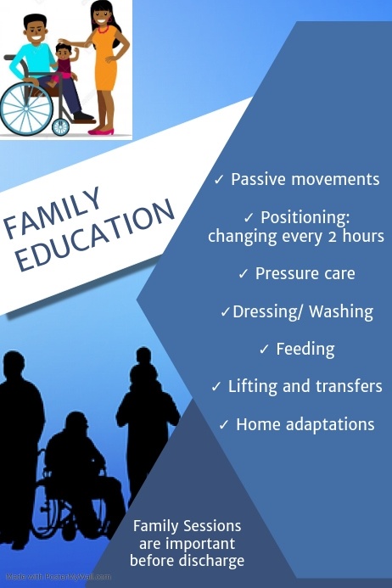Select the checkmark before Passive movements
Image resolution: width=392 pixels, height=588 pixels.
(219, 180)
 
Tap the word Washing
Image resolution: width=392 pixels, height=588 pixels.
(341, 311)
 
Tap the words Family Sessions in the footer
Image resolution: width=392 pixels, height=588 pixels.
(188, 526)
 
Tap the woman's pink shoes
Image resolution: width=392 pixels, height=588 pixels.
(101, 131)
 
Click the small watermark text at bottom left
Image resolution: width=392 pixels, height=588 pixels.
(56, 576)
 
